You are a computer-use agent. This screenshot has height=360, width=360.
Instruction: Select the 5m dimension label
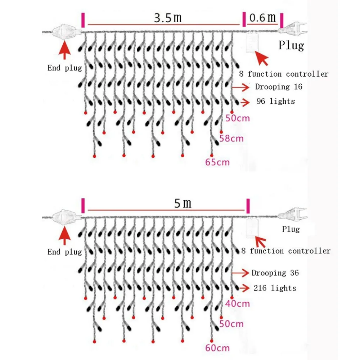point(183,204)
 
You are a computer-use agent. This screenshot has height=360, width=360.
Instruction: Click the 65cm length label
point(217,162)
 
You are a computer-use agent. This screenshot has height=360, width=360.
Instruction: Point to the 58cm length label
point(231,138)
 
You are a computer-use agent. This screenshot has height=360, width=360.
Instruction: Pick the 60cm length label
point(217,348)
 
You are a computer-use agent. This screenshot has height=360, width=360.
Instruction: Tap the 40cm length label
point(237,303)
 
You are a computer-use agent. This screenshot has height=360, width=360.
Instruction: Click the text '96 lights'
point(275,101)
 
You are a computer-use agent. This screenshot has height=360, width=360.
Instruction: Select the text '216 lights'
point(275,288)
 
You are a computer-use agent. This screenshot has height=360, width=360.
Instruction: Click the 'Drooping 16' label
point(279,87)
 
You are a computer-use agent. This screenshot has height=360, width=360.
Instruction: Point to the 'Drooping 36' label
point(275,273)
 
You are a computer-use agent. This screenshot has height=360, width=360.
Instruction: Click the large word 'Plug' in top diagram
point(291,45)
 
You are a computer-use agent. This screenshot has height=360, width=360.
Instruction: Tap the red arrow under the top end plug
point(65,50)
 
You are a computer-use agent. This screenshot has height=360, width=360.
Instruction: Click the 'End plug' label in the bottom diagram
point(65,252)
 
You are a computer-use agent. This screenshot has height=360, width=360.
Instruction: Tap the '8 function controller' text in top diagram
point(284,74)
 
